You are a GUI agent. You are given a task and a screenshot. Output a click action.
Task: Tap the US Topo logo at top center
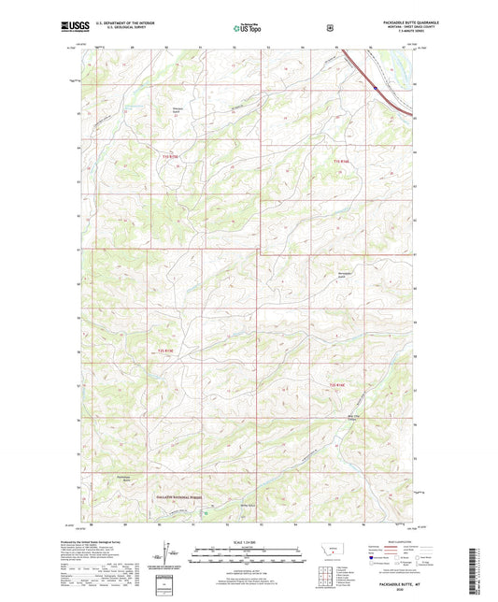247,28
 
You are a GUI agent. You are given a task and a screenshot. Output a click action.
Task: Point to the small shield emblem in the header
329,27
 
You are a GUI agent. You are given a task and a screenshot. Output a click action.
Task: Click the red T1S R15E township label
169,154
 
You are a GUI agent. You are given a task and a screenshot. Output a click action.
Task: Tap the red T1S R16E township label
342,162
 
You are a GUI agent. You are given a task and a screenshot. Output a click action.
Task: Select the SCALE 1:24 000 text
248,541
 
